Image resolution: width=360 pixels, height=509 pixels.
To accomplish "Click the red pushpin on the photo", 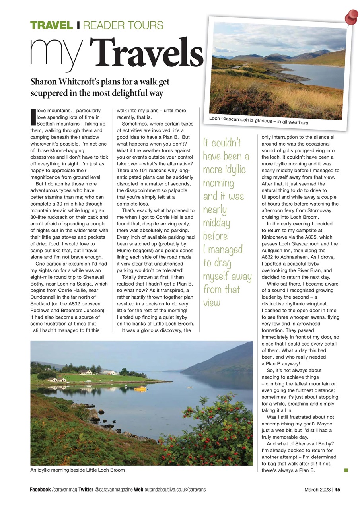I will (352, 17).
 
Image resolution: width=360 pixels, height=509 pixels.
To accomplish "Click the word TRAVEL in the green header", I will (51, 26).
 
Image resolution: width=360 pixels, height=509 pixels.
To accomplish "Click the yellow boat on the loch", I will (140, 389).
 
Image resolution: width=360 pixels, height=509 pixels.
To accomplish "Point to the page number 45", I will (337, 490).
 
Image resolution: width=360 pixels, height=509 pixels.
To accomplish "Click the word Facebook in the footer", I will (40, 490).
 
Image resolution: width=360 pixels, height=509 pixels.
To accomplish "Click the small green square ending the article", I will (346, 470).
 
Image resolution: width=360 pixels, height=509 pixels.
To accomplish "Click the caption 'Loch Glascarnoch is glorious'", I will (259, 120).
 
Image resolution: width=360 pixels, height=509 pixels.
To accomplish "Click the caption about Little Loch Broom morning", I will (78, 470).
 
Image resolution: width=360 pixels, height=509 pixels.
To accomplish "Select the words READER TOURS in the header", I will (123, 26).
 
